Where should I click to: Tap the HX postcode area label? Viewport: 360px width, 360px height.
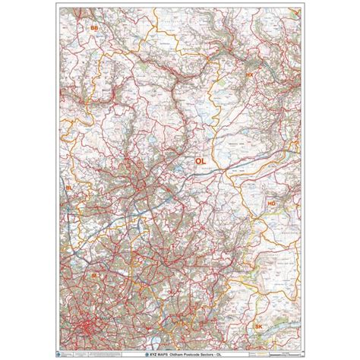tap(248, 75)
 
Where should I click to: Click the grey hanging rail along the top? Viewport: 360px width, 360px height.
tap(179, 3)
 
